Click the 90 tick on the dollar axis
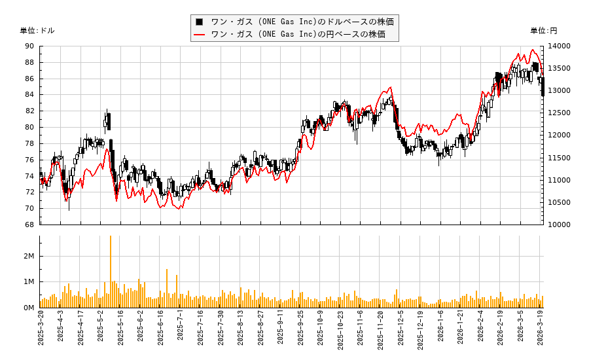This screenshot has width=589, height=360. tap(29, 46)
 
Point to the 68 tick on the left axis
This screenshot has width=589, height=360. tap(29, 225)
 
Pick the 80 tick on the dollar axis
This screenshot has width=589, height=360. tap(29, 127)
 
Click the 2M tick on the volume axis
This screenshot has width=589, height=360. tap(29, 256)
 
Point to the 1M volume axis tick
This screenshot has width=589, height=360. tap(29, 281)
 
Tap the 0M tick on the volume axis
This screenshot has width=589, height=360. tap(29, 308)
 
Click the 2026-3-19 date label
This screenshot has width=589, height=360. tap(542, 331)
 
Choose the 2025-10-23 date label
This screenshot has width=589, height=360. tap(341, 331)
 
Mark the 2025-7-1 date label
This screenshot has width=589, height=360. tap(181, 330)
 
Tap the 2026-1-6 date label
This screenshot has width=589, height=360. tap(441, 330)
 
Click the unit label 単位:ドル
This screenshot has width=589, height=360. tap(37, 31)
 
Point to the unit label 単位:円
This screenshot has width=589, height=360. tap(544, 31)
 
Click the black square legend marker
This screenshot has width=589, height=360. tap(199, 22)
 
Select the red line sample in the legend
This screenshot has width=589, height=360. tap(199, 34)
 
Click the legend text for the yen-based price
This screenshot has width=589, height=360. tap(298, 34)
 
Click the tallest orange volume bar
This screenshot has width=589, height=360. tap(110, 272)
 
